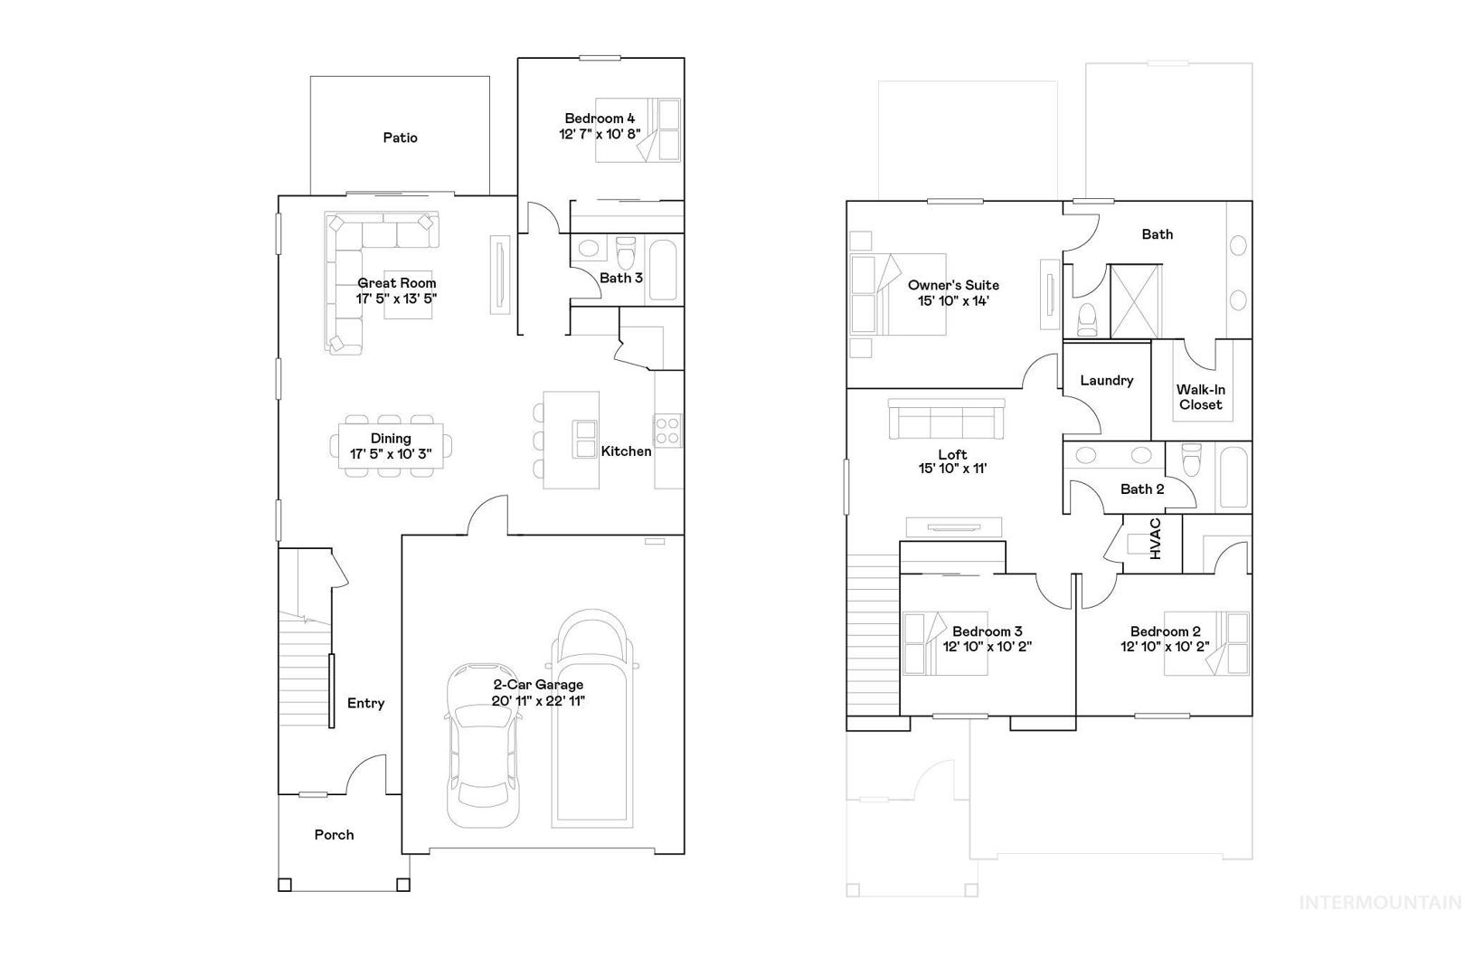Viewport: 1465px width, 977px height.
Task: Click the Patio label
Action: pos(400,138)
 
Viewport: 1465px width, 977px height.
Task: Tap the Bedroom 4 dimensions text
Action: pos(599,134)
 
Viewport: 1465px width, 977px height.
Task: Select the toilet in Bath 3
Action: pos(626,252)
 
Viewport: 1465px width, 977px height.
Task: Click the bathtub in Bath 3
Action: pos(663,270)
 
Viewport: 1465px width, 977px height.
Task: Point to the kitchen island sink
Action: pos(584,439)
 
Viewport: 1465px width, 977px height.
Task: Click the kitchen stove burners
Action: pos(667,431)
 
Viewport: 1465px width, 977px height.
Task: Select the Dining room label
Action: pos(391,439)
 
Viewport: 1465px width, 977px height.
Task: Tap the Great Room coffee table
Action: pos(408,295)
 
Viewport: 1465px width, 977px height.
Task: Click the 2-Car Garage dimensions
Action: pos(537,701)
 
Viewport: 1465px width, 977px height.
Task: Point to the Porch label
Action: pos(334,834)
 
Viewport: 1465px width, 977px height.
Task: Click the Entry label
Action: pos(365,703)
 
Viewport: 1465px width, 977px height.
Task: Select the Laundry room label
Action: pos(1107,380)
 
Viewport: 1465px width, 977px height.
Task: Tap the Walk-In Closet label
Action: pos(1201,397)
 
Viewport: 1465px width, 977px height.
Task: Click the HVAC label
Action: pos(1155,538)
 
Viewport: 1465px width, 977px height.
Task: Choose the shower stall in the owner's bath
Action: pos(1136,301)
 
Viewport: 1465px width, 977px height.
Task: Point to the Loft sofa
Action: pos(946,419)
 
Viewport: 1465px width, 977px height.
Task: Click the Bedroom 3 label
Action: pos(987,631)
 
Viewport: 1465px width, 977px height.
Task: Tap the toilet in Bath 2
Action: pos(1191,460)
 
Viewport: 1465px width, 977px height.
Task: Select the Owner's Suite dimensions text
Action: pos(953,301)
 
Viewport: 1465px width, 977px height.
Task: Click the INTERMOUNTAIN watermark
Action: pos(1381,903)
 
